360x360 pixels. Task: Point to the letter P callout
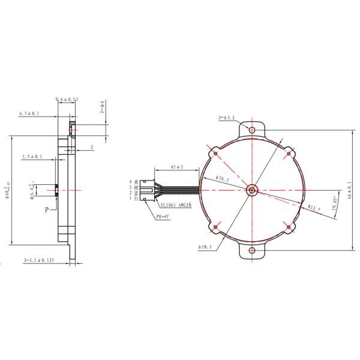tap(46, 210)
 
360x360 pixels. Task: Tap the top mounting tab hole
tap(251, 129)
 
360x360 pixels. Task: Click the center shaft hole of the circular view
tap(251, 190)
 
